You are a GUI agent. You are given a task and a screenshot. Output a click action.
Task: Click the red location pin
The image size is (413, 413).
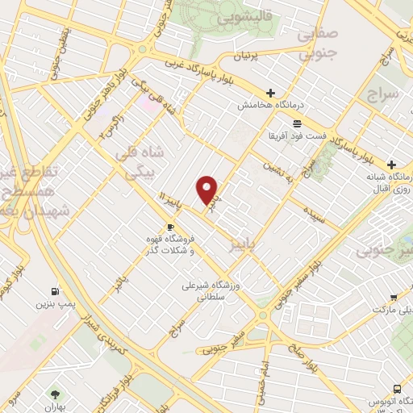[x=208, y=190]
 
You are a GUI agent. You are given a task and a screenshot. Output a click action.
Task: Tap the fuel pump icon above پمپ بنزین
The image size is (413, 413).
[x=54, y=291]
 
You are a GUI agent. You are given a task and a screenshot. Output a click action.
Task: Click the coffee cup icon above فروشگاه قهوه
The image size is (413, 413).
[x=169, y=227]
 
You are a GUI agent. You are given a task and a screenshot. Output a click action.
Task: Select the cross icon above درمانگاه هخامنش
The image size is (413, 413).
[x=271, y=92]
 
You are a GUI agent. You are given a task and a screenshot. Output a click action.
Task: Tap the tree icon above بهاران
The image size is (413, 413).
[x=55, y=394]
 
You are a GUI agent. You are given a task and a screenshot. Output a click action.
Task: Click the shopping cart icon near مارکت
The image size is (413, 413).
[x=394, y=298]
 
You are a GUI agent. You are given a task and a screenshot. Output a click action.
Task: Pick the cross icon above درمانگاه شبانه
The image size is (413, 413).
[x=392, y=164]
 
